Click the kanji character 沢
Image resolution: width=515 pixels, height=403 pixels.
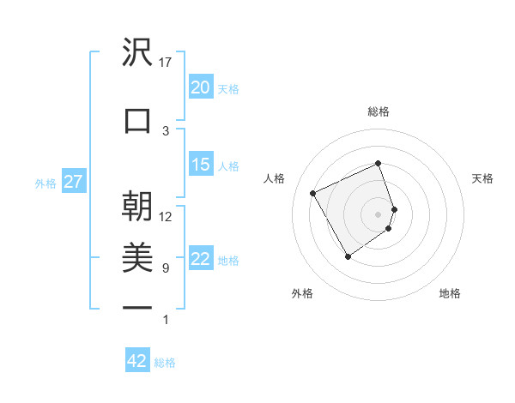coord(137,54)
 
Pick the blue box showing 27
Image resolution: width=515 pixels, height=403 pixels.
coord(73,183)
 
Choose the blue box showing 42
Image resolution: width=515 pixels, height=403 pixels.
coord(137,361)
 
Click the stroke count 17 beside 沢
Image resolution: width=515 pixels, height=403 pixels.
coord(166,62)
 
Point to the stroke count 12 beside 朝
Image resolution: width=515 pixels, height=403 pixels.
coord(166,217)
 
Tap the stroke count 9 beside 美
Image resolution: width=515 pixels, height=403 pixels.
coord(166,268)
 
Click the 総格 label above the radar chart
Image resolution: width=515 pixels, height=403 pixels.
coord(379,111)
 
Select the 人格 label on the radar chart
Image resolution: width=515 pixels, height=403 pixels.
coord(275,178)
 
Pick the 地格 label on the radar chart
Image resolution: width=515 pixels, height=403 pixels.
coord(450,293)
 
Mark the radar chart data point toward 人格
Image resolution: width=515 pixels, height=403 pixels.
coord(313,193)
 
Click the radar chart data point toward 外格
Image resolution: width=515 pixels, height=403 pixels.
coord(348,256)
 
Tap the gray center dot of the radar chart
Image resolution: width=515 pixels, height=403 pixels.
coord(379,214)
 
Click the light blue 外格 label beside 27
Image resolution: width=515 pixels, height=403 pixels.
coord(45,183)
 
